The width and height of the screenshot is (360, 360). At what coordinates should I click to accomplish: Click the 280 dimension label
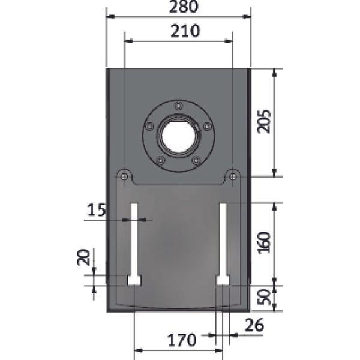[184, 7]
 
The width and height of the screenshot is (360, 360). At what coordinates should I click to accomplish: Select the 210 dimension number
[185, 31]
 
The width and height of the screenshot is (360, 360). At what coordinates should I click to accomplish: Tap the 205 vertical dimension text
[264, 121]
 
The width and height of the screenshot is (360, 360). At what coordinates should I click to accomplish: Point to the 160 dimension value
[264, 242]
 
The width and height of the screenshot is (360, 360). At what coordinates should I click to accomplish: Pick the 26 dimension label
[254, 325]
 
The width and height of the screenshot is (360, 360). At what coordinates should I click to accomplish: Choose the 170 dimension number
[182, 340]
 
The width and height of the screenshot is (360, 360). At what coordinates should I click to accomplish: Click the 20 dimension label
[83, 257]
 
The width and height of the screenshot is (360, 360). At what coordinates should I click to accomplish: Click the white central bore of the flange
[179, 136]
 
